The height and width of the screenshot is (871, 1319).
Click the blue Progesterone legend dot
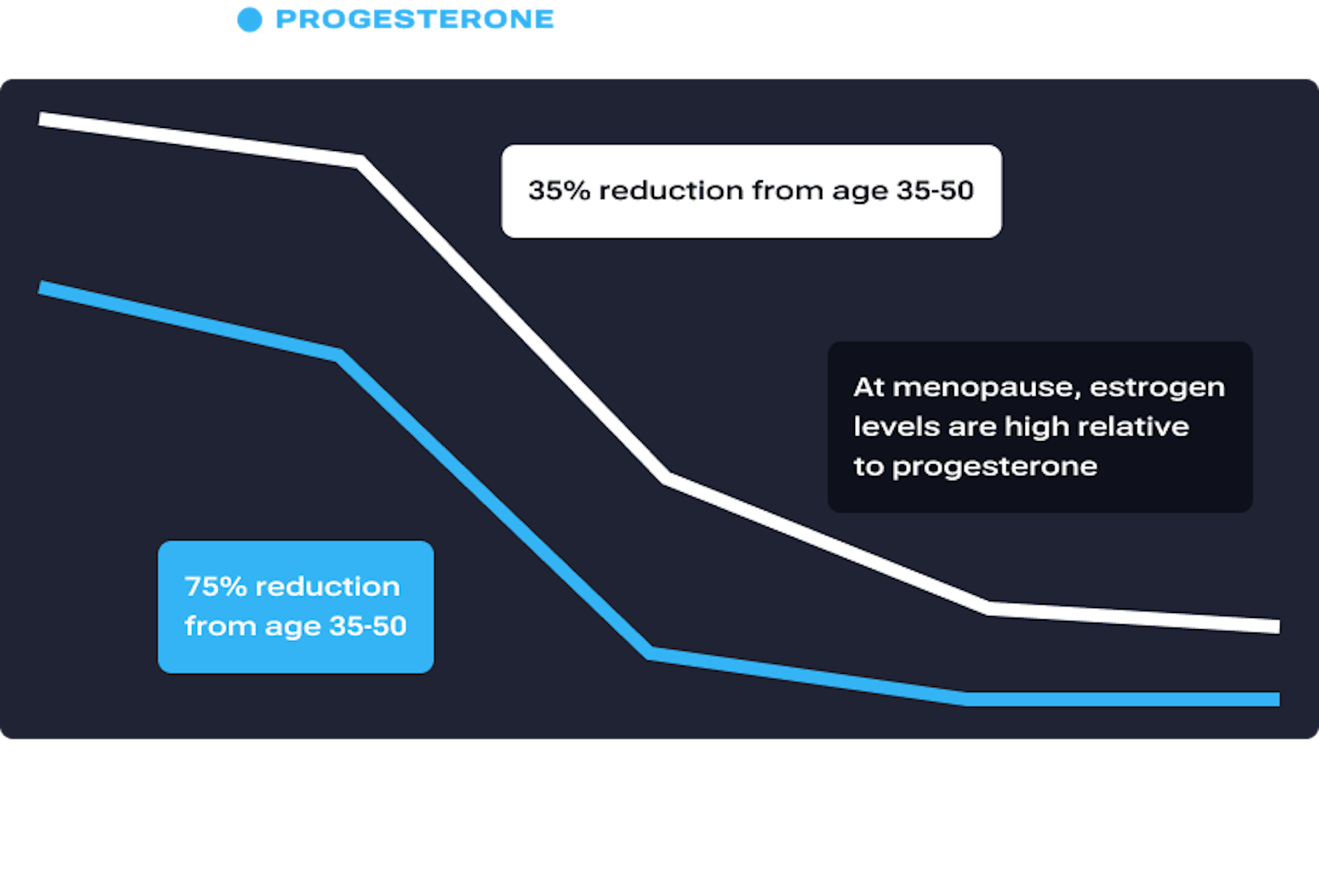tap(249, 20)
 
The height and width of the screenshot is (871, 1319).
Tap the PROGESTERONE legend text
tap(415, 20)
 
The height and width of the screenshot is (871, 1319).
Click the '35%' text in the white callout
tap(559, 190)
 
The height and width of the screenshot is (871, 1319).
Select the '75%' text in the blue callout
tap(215, 586)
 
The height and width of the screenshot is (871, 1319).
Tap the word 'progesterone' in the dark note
tap(994, 466)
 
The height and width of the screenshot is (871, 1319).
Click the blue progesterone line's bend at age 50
tap(650, 654)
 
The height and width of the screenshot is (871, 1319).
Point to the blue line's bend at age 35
tap(339, 354)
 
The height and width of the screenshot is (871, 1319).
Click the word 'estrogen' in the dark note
tap(1157, 387)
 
